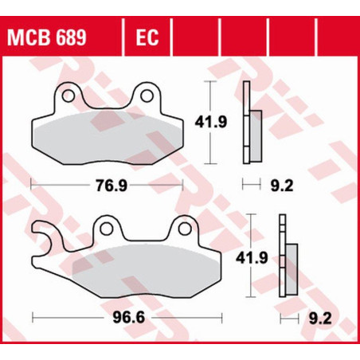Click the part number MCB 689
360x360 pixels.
47,37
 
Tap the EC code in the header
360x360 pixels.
147,37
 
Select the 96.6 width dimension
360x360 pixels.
129,317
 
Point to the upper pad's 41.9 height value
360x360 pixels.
211,122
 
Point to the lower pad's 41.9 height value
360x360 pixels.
252,257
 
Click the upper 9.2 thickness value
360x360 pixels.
282,186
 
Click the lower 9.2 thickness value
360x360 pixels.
320,318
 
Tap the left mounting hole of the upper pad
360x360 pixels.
68,96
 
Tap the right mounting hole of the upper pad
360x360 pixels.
147,96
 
